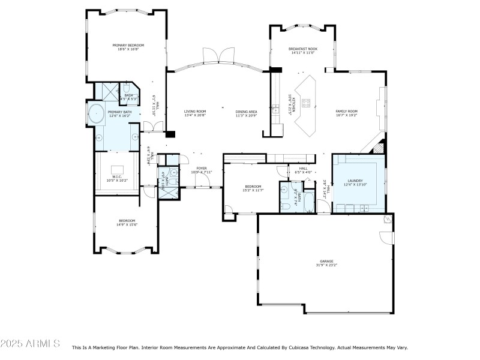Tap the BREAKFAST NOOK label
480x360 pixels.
pyautogui.click(x=303, y=49)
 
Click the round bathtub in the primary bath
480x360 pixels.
pyautogui.click(x=96, y=112)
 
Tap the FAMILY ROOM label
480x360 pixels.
pyautogui.click(x=346, y=111)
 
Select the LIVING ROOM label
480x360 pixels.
pyautogui.click(x=195, y=111)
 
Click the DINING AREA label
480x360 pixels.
pyautogui.click(x=246, y=111)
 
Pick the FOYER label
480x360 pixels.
pyautogui.click(x=202, y=169)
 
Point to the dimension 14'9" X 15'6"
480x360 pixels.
pyautogui.click(x=127, y=224)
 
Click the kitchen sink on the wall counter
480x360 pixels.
pyautogui.click(x=275, y=109)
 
